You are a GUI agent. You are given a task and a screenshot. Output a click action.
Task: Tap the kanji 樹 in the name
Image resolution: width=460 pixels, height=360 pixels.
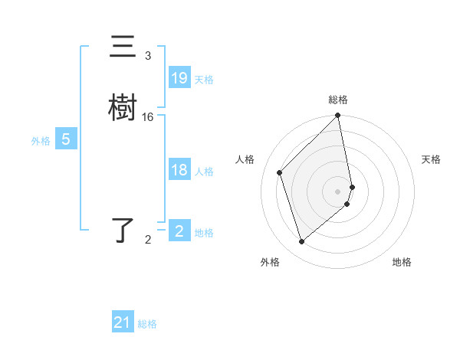pyautogui.click(x=123, y=106)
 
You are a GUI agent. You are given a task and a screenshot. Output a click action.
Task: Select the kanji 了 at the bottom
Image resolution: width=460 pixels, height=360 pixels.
pyautogui.click(x=123, y=230)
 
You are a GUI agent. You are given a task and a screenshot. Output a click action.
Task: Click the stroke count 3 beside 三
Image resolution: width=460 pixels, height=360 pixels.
pyautogui.click(x=148, y=56)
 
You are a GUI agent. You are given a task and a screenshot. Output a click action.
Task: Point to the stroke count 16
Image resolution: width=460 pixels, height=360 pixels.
pyautogui.click(x=148, y=116)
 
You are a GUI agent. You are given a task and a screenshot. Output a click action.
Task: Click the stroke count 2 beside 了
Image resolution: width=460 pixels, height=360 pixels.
pyautogui.click(x=148, y=240)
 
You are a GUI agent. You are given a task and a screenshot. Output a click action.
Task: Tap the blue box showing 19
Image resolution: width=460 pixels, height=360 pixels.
pyautogui.click(x=179, y=77)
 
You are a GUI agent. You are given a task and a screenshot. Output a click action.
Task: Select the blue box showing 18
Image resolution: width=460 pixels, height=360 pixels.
pyautogui.click(x=179, y=170)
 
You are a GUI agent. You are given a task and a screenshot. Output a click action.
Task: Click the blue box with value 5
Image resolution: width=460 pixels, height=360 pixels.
pyautogui.click(x=66, y=139)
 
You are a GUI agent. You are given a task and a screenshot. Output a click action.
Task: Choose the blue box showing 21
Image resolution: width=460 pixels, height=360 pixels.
pyautogui.click(x=123, y=322)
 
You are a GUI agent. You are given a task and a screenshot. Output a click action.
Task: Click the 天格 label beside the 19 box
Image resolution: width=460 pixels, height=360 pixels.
pyautogui.click(x=204, y=79)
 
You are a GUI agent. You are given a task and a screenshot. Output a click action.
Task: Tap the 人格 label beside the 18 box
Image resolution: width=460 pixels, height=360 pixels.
pyautogui.click(x=204, y=172)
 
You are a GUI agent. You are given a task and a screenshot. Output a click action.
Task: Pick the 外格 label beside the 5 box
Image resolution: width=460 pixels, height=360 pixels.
pyautogui.click(x=41, y=141)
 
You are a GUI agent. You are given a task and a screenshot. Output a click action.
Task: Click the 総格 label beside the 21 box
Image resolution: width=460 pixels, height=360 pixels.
pyautogui.click(x=147, y=324)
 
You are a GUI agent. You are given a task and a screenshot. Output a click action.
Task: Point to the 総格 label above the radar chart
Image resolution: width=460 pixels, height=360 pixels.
pyautogui.click(x=338, y=100)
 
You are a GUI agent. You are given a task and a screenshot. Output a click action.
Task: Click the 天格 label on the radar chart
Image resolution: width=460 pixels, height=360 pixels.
pyautogui.click(x=431, y=159)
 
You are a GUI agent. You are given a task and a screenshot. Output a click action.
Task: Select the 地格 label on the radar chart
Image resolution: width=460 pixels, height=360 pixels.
pyautogui.click(x=402, y=262)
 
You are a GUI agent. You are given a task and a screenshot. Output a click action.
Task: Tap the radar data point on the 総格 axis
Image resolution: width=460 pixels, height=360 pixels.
pyautogui.click(x=338, y=116)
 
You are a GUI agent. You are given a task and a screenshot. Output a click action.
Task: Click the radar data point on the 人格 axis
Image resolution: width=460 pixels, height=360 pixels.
pyautogui.click(x=280, y=172)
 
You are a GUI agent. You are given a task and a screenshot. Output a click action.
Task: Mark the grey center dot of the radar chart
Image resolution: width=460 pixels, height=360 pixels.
pyautogui.click(x=338, y=191)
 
